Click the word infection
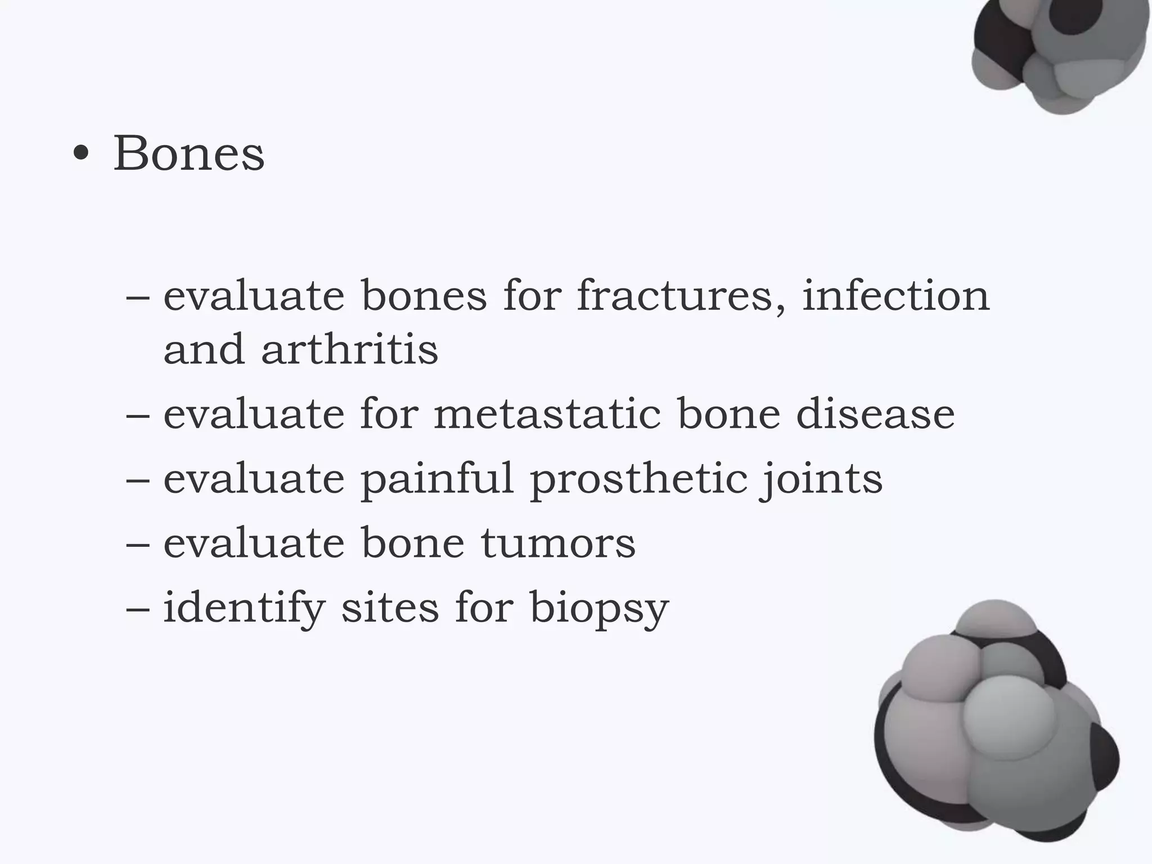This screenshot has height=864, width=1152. (x=895, y=296)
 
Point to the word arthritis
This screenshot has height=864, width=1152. (x=349, y=349)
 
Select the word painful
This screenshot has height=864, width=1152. (x=437, y=479)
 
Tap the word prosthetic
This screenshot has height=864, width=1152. (x=639, y=479)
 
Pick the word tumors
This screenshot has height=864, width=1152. (x=558, y=543)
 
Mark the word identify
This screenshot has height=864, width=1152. (x=244, y=609)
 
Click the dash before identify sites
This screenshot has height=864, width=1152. (x=138, y=609)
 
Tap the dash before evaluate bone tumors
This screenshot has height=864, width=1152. (x=138, y=544)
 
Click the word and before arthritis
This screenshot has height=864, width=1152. (x=204, y=349)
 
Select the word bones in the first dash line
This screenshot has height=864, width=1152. (x=424, y=296)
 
